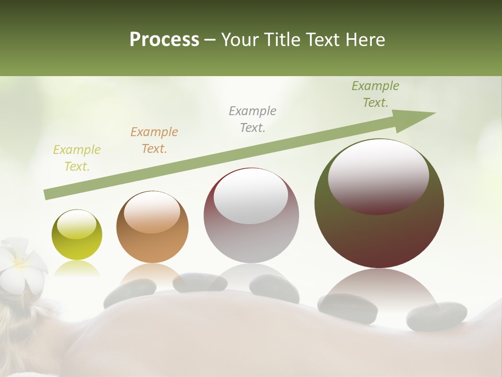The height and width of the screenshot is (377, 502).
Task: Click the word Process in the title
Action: pyautogui.click(x=164, y=39)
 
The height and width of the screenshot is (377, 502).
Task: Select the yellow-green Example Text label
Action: pyautogui.click(x=77, y=158)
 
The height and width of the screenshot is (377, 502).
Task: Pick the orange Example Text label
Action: pyautogui.click(x=154, y=140)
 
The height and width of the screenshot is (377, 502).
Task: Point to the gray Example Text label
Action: pyautogui.click(x=253, y=119)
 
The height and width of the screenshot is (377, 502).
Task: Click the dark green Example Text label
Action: pyautogui.click(x=375, y=94)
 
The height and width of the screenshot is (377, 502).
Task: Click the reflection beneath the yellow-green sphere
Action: pyautogui.click(x=77, y=269)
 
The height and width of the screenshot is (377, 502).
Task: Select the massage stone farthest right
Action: pyautogui.click(x=437, y=316)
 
